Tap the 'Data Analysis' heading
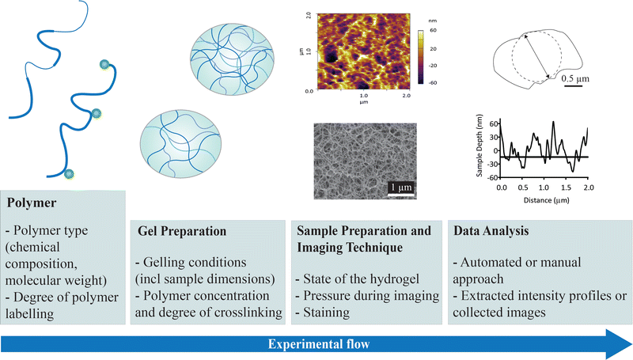pos(487,233)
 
